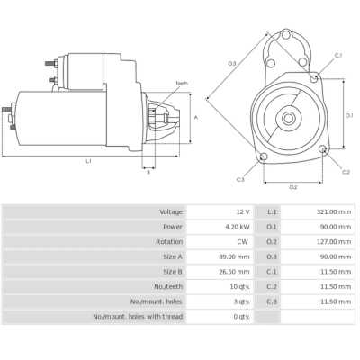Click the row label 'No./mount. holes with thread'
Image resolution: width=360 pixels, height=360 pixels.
coord(138,316)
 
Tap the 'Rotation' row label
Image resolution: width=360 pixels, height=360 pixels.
coord(169,241)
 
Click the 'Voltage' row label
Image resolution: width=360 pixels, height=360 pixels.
coord(171,211)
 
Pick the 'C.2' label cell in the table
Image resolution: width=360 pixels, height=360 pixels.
coord(272,286)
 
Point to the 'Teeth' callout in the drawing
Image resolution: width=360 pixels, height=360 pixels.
coord(182,83)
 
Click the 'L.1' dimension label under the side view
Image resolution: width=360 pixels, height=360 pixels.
coord(88,161)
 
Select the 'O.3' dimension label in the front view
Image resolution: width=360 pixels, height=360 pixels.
coord(232,63)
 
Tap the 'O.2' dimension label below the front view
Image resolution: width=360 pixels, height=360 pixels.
coord(292,187)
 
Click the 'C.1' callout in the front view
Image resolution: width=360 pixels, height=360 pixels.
coord(338,55)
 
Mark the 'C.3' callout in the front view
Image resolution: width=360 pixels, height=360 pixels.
coord(240,180)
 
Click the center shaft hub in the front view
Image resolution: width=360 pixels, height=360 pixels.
coord(290,117)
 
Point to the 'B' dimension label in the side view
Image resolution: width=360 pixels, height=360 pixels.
coord(148,172)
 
